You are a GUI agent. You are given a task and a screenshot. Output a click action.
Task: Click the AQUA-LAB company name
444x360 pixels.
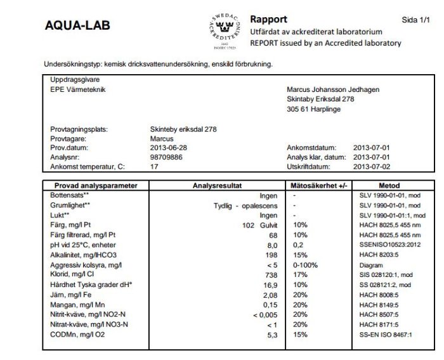coord(77,26)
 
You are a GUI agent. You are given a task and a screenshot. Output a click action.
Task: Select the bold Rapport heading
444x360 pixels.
coord(269,18)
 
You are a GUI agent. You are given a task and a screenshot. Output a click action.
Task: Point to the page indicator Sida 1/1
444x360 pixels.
coord(415,20)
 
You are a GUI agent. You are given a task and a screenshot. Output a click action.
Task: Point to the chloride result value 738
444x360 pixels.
coord(271,275)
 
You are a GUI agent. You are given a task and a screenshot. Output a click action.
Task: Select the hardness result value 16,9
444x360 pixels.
coord(271,285)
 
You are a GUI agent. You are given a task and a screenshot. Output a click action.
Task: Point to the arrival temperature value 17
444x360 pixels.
coord(154,166)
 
